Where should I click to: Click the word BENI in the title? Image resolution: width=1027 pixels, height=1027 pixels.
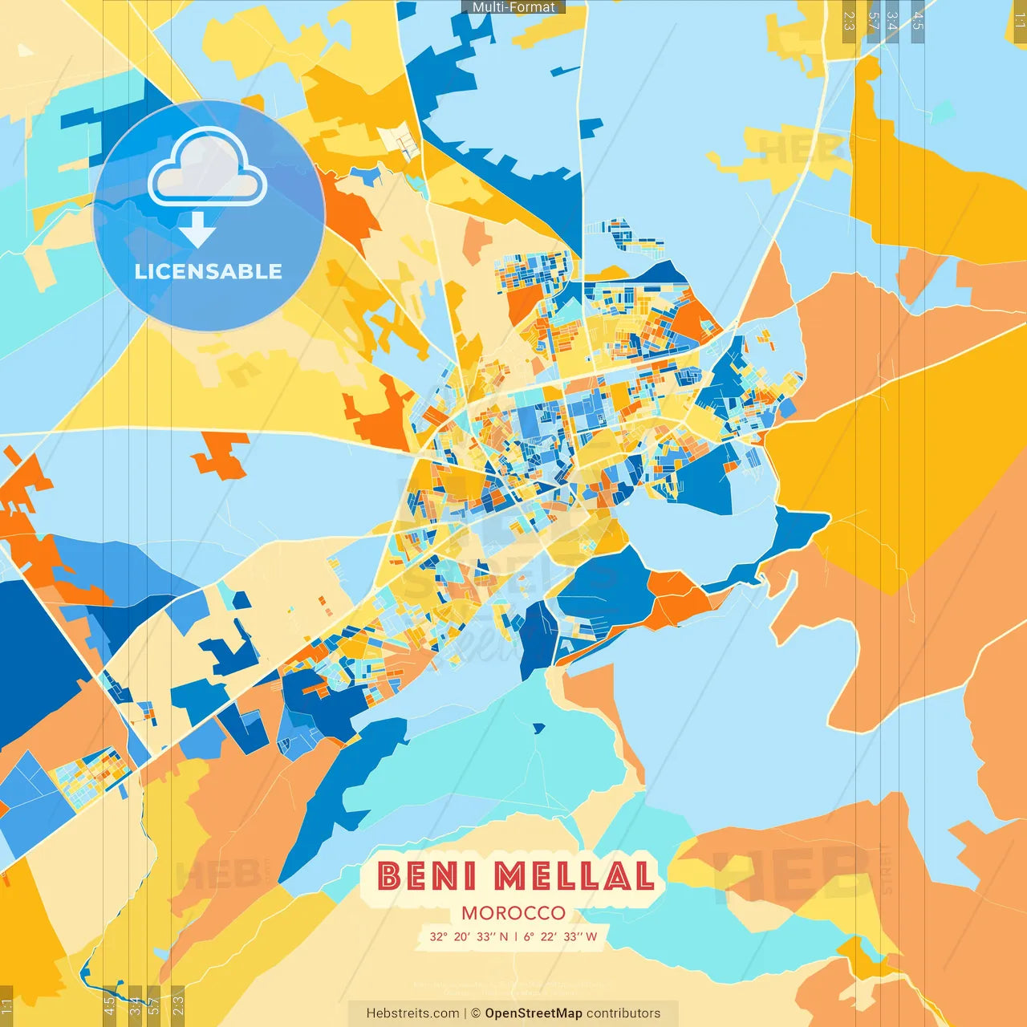(x=427, y=875)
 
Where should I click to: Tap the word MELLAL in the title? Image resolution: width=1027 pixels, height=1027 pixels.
(x=574, y=875)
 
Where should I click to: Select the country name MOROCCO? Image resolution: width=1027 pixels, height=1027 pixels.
(x=513, y=913)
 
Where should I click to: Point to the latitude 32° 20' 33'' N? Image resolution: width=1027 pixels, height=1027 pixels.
(x=469, y=936)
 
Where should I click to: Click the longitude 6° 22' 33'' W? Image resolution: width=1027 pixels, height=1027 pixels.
(x=561, y=936)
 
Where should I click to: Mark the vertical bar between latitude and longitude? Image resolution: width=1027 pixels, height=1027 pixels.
(x=515, y=936)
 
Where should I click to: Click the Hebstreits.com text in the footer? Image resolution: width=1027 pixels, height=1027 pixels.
(x=412, y=1013)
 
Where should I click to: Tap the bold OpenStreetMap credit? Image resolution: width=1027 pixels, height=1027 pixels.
(x=534, y=1013)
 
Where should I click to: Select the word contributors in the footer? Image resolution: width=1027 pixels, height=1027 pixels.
(x=623, y=1013)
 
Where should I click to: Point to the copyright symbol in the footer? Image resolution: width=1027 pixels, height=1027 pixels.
(x=476, y=1013)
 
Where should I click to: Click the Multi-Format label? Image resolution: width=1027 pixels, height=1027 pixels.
(x=513, y=6)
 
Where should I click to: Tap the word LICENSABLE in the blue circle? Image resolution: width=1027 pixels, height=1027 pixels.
(x=209, y=271)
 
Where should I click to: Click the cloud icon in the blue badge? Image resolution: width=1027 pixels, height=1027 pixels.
(x=208, y=168)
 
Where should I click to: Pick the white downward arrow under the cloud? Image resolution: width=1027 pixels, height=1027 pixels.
(x=197, y=230)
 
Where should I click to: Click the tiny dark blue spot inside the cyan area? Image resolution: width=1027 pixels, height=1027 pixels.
(x=538, y=729)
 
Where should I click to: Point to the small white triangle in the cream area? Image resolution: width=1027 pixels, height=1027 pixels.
(x=26, y=50)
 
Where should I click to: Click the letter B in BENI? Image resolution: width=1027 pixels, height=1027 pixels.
(x=390, y=875)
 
